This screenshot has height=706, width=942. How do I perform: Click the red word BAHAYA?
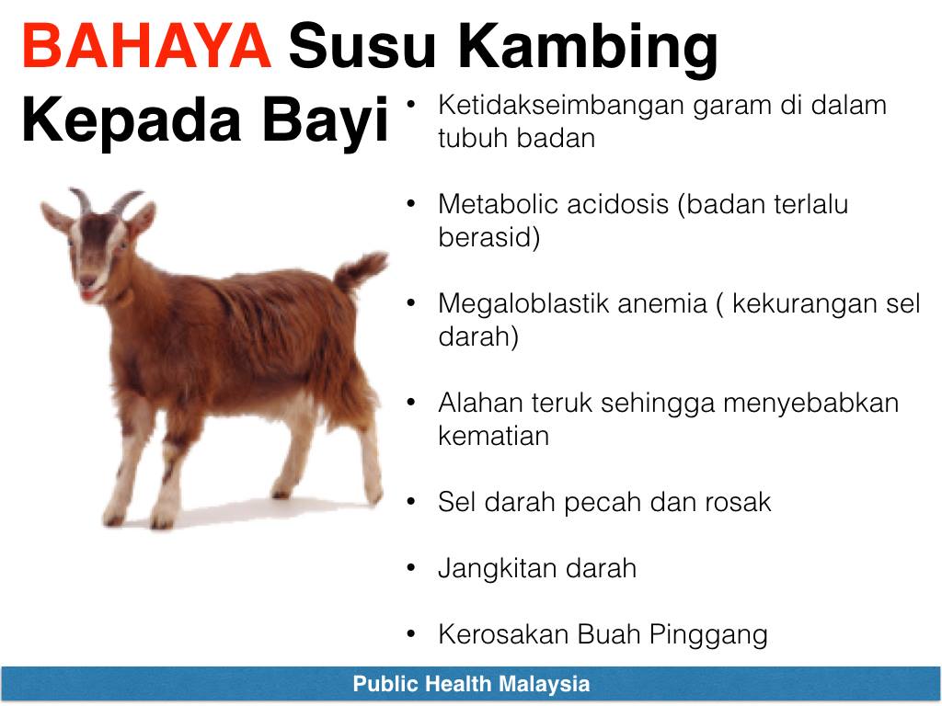point(146,46)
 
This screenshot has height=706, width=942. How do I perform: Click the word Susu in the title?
point(362,46)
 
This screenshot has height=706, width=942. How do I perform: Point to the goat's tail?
point(360,271)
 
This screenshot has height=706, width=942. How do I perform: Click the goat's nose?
point(87,281)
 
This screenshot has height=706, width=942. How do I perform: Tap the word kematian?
point(494,436)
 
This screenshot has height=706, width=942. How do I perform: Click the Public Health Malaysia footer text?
point(471,684)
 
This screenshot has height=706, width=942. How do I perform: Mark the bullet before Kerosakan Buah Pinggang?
point(411,634)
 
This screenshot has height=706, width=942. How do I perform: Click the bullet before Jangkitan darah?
point(411,567)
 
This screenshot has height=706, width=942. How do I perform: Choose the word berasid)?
point(489,238)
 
